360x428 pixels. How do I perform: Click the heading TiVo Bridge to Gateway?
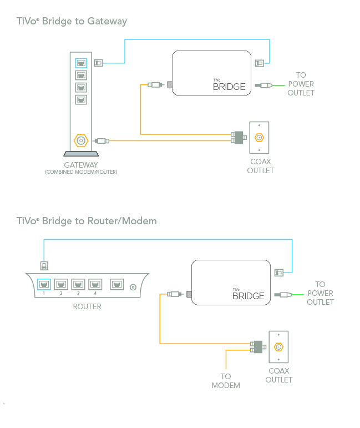point(72,22)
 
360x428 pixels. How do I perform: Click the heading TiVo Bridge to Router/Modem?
point(87,221)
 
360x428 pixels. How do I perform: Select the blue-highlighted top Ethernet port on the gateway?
point(81,63)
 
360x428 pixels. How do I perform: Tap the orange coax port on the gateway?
point(81,141)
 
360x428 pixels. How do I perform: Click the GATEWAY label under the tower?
point(81,165)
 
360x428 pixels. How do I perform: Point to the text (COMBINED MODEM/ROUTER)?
point(81,172)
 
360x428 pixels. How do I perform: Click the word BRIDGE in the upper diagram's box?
point(229,87)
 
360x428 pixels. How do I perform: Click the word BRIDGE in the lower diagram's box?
point(248,296)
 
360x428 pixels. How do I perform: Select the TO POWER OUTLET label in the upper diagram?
point(301,84)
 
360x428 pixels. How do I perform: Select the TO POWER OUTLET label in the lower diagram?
point(320,293)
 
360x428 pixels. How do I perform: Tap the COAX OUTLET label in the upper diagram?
point(260,166)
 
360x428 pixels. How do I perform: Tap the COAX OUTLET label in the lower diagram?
point(278,375)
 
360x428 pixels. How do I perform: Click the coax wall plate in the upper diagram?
point(259,138)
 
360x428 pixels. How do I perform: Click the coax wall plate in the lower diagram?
point(278,347)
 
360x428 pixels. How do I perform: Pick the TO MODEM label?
point(226,381)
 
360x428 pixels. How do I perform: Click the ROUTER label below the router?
point(87,306)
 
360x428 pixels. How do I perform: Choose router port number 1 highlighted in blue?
point(44,285)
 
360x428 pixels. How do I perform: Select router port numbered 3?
point(78,285)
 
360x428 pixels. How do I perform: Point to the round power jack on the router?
point(133,287)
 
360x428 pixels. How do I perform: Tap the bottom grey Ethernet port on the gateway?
point(81,100)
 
